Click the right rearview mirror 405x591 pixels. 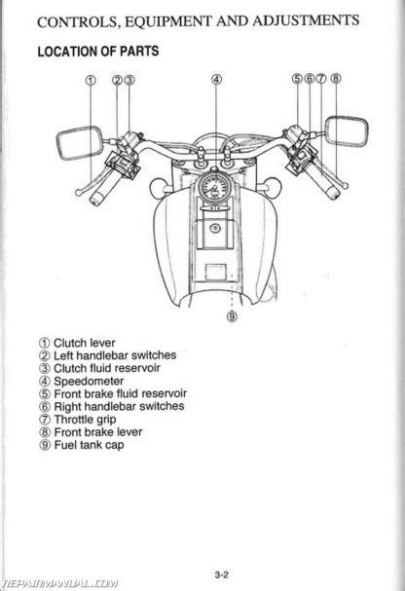pyautogui.click(x=347, y=130)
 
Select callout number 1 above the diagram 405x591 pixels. pyautogui.click(x=91, y=80)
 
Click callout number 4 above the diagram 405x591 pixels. pyautogui.click(x=216, y=79)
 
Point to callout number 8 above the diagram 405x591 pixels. pyautogui.click(x=336, y=79)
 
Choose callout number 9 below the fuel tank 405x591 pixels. pyautogui.click(x=232, y=316)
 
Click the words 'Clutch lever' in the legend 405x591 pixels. pyautogui.click(x=85, y=343)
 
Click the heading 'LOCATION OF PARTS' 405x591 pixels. pyautogui.click(x=98, y=52)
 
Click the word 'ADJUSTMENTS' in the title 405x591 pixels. pyautogui.click(x=306, y=20)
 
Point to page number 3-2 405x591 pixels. pyautogui.click(x=222, y=574)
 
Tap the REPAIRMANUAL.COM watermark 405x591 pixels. pyautogui.click(x=59, y=584)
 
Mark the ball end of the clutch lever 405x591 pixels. pyautogui.click(x=78, y=193)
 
